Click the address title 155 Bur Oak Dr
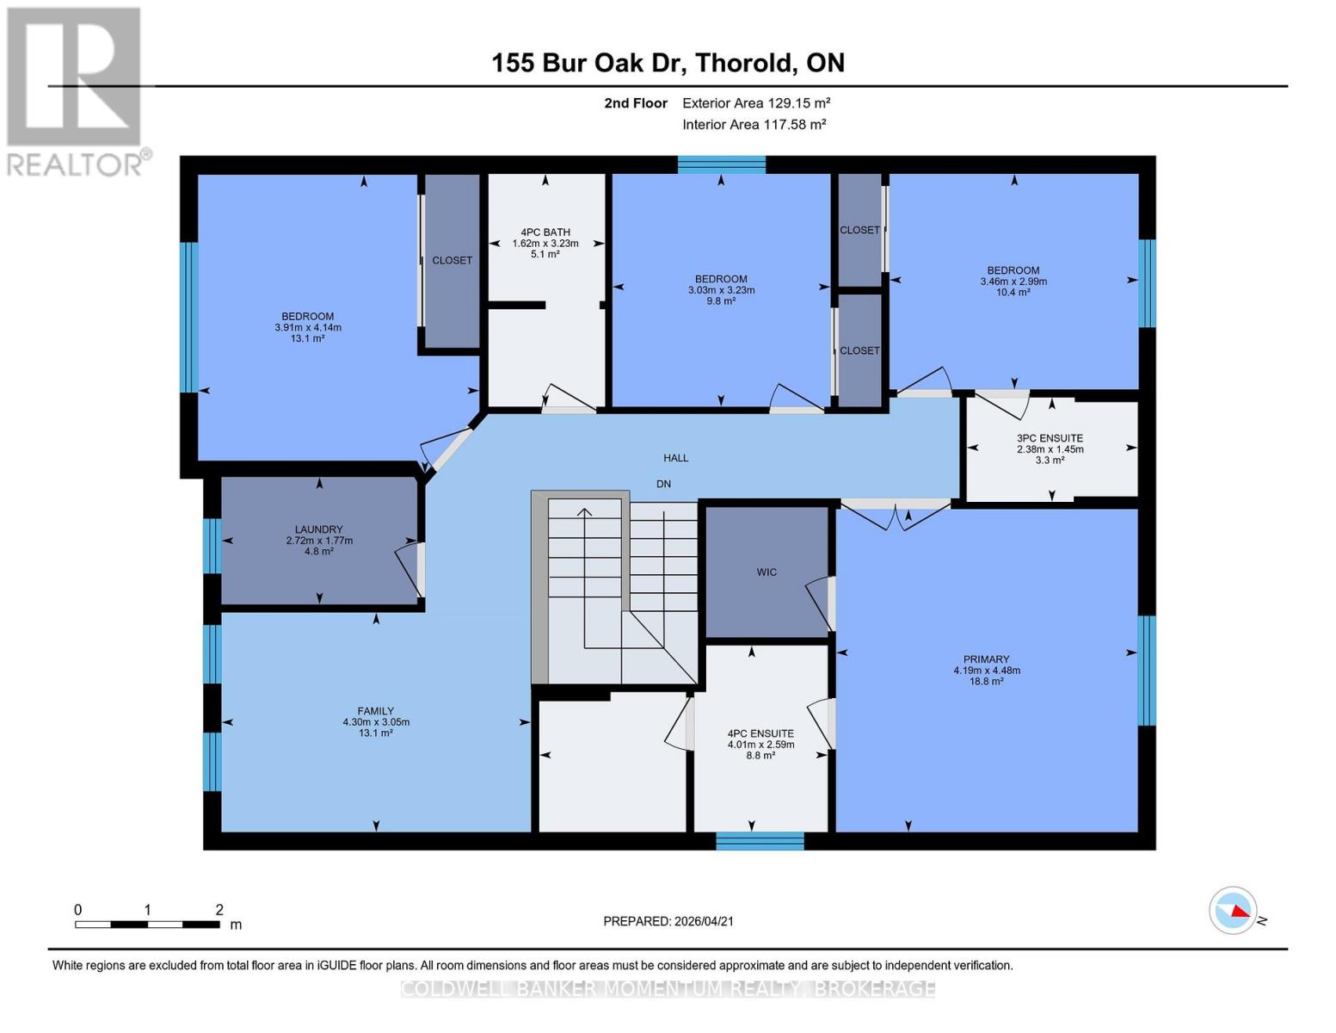pos(668,63)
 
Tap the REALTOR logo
pos(75,91)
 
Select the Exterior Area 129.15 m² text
pos(755,103)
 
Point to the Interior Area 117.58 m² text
pos(754,125)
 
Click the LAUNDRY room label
pos(319,530)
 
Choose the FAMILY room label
pos(376,712)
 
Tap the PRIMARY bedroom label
pos(986,659)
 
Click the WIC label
pos(767,572)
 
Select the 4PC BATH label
pos(545,232)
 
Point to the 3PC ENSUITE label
pos(1050,438)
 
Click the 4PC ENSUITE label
pos(760,734)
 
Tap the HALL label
pos(675,458)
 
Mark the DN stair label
pos(663,484)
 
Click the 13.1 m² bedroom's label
pos(307,317)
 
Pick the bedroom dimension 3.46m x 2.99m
pos(1013,281)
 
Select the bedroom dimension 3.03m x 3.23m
pos(721,290)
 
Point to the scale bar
pos(147,925)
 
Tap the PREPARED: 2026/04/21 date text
pos(668,921)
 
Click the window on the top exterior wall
pos(721,164)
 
